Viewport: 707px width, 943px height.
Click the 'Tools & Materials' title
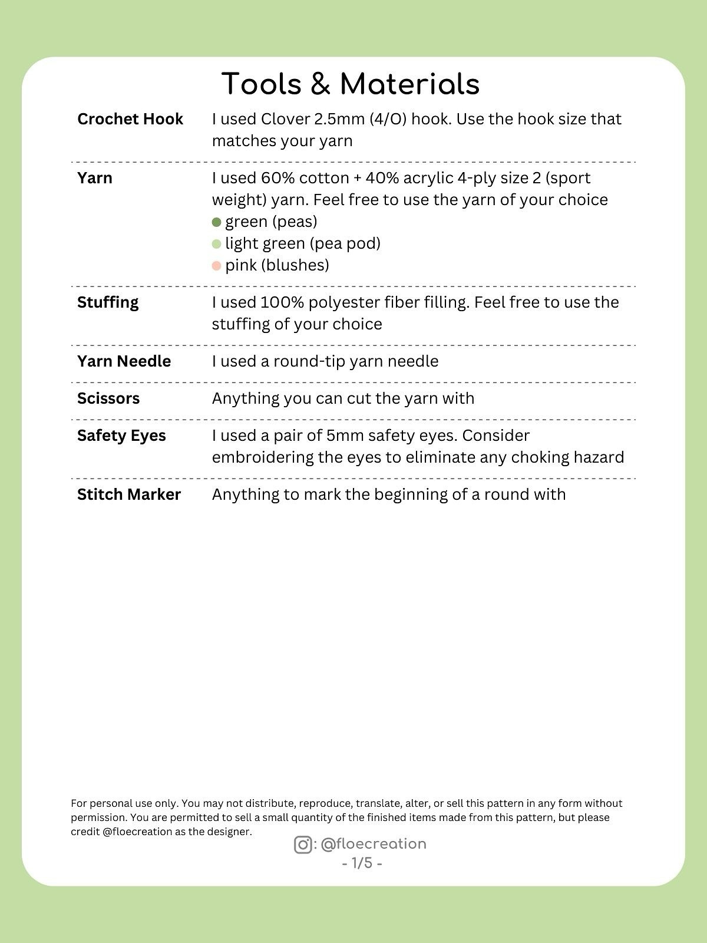click(351, 84)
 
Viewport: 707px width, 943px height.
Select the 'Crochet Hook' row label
click(130, 119)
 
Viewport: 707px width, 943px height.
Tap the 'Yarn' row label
click(94, 178)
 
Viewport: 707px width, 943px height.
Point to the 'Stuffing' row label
click(108, 302)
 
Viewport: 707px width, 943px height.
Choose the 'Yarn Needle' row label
click(124, 361)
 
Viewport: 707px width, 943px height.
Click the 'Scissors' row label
click(108, 398)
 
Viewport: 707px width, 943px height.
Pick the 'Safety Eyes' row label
click(121, 436)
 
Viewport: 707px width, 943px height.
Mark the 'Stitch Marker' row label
click(128, 494)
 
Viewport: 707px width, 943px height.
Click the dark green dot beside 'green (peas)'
click(216, 222)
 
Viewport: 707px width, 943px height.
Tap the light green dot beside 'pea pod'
click(216, 244)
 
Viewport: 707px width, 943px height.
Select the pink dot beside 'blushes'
click(216, 266)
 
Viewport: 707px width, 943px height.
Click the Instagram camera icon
click(303, 845)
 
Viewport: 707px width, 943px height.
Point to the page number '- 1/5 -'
click(362, 863)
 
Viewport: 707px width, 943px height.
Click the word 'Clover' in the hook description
click(285, 119)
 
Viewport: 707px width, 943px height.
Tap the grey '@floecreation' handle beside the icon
click(374, 844)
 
